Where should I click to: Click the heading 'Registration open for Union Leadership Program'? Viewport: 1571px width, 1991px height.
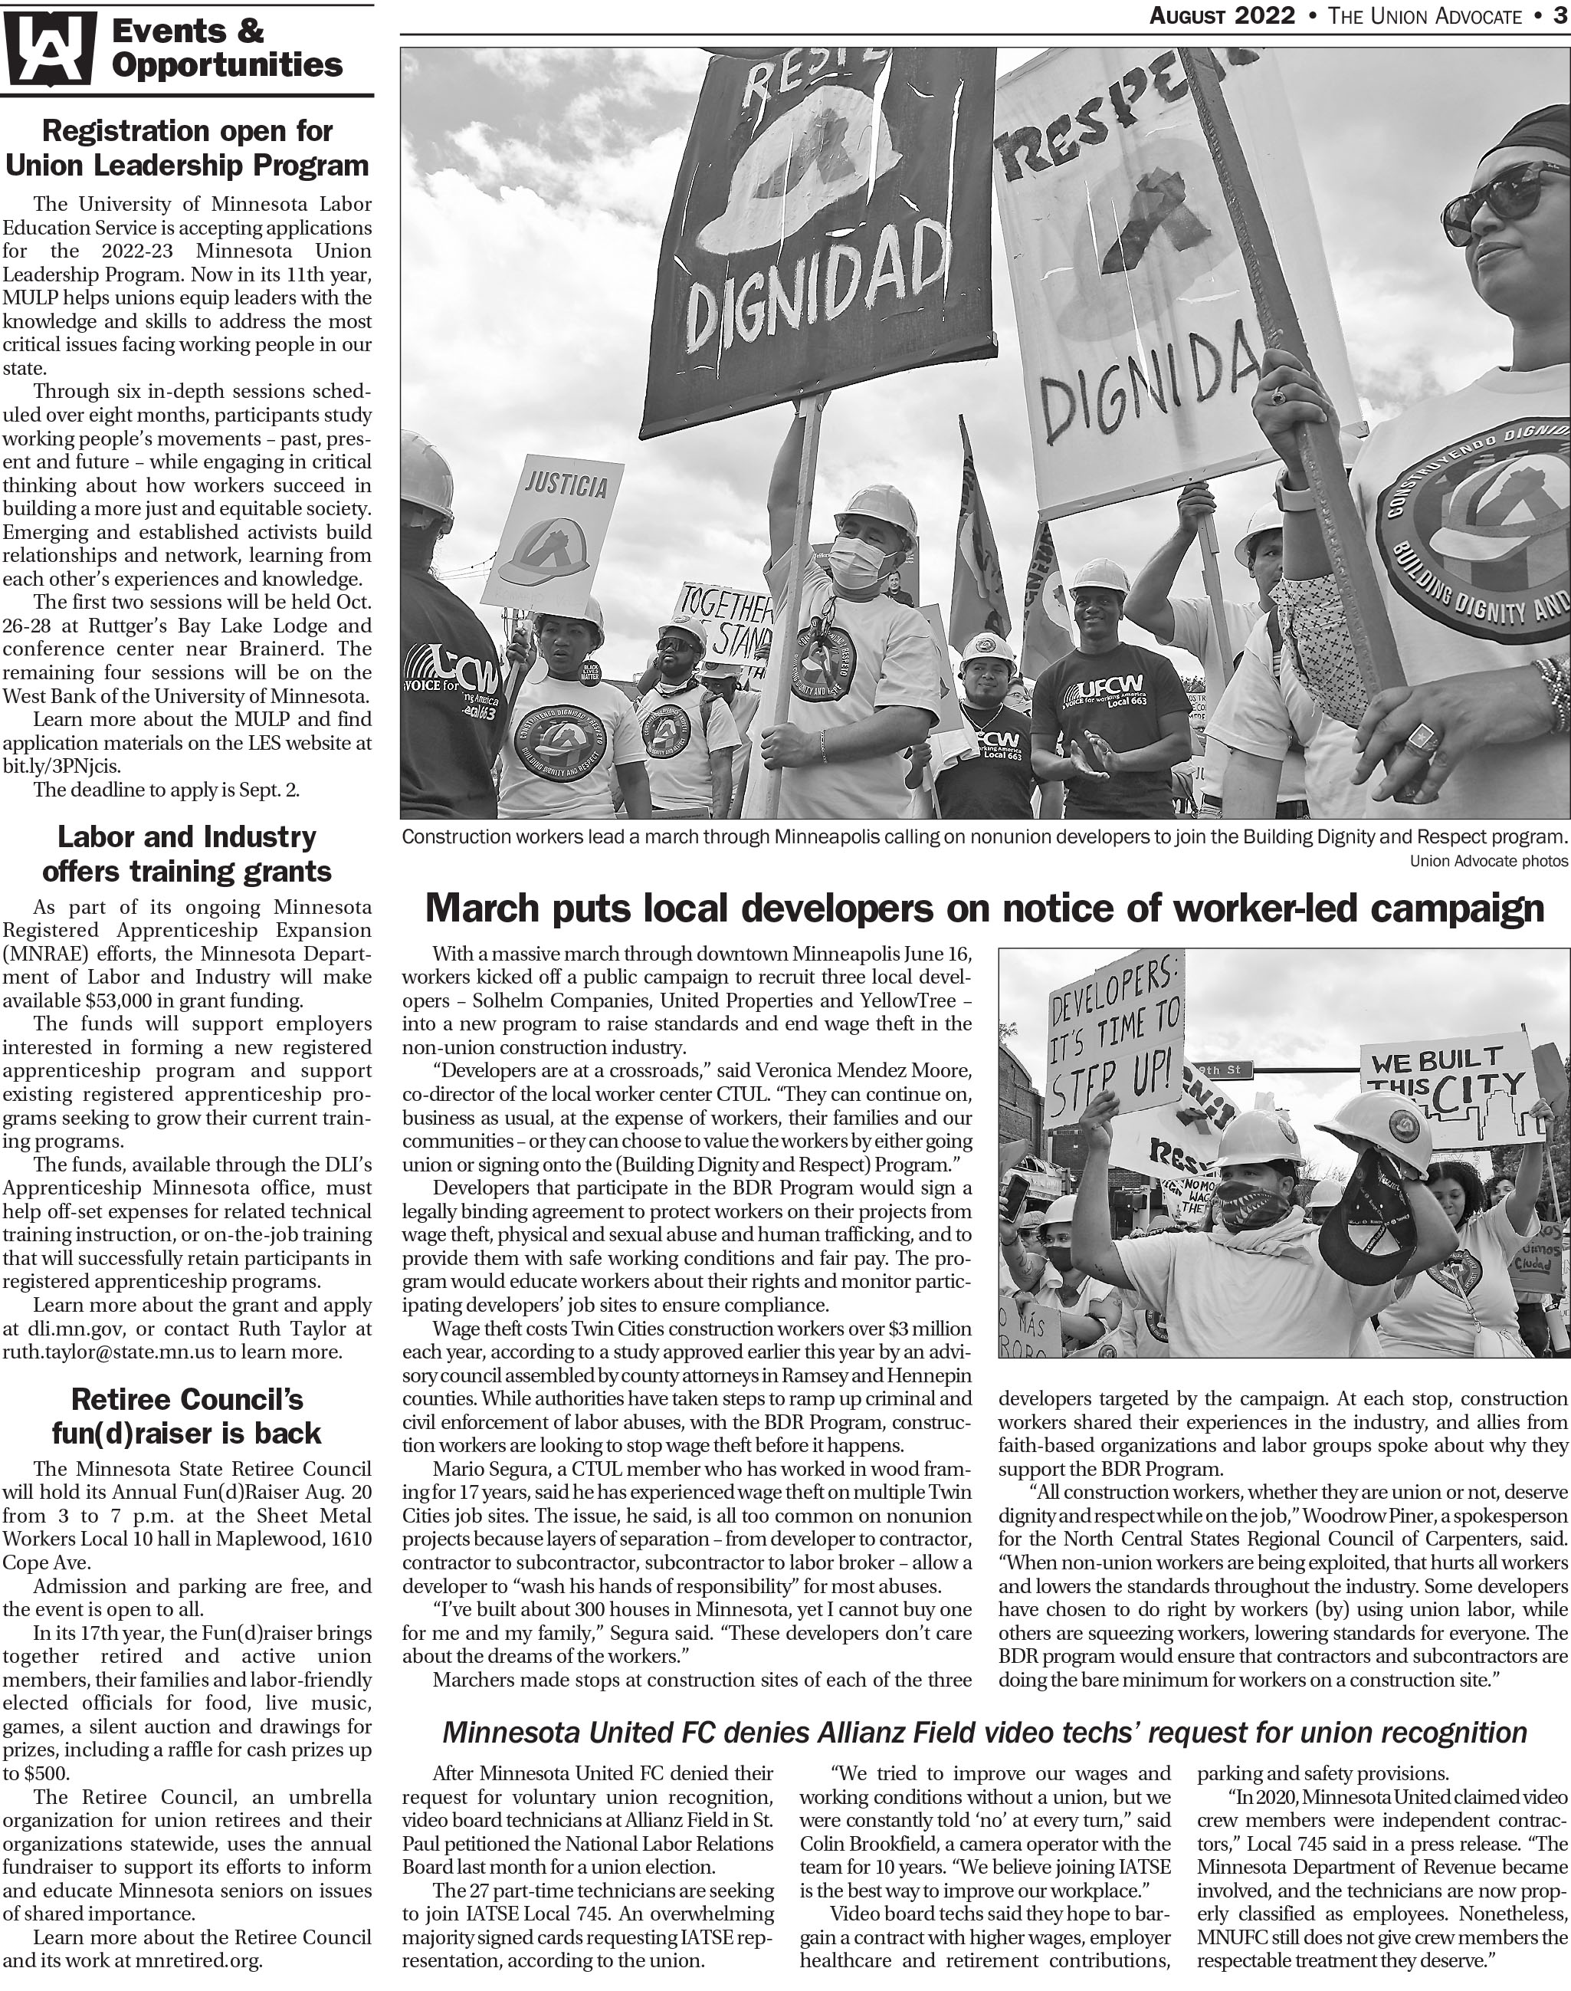[x=187, y=148]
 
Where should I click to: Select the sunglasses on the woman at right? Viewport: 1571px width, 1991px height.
[x=1499, y=204]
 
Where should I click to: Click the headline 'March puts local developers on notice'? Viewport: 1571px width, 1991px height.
[x=984, y=908]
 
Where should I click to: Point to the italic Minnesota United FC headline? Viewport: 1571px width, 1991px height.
[x=984, y=1733]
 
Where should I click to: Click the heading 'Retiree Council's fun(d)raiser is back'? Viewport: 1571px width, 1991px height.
[x=187, y=1417]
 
